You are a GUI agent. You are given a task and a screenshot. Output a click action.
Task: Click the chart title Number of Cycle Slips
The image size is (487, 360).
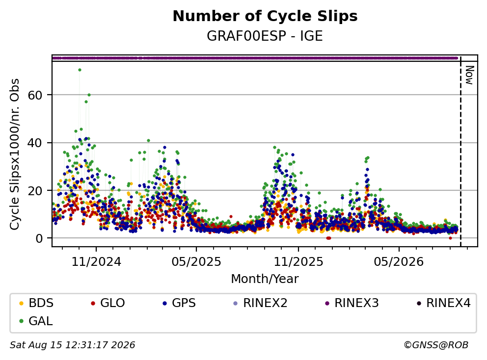point(265,16)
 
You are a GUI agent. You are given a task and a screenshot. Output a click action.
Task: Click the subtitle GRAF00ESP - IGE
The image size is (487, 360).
point(265,36)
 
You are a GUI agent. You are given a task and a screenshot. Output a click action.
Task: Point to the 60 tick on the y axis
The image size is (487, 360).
point(35,95)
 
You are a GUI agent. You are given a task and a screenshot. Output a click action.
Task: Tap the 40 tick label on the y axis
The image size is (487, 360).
point(35,143)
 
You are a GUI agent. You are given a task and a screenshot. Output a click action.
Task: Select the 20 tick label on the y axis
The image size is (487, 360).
point(35,191)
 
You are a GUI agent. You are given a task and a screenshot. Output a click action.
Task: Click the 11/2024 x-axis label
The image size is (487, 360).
point(96,262)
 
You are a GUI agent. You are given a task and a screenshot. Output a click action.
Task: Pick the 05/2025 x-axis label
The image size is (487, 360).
point(196,262)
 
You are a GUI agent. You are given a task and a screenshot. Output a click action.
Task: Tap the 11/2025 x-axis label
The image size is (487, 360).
point(298,262)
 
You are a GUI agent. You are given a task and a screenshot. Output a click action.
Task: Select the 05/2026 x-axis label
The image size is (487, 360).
point(399,262)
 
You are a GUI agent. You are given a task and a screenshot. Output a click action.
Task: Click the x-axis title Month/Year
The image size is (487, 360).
point(265,279)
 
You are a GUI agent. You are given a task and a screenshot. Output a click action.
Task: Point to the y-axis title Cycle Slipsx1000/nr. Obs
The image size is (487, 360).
point(15,154)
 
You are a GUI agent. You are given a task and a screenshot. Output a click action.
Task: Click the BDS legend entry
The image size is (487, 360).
point(36,303)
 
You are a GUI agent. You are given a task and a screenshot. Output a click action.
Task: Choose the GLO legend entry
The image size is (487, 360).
point(108,303)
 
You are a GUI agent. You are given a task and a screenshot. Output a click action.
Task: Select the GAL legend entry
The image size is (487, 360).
point(36,321)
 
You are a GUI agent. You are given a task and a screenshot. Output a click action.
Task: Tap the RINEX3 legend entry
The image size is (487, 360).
point(352,303)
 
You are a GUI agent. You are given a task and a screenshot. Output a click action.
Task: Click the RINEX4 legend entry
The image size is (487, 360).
point(443,303)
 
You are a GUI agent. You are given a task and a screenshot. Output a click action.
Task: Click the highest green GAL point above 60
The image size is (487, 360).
point(80,70)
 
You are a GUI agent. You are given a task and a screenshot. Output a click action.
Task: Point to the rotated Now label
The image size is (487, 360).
point(469,75)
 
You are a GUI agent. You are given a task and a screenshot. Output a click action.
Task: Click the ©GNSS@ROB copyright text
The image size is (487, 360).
point(436,345)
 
